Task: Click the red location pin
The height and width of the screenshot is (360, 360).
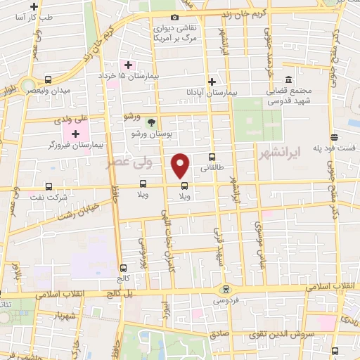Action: pos(181,165)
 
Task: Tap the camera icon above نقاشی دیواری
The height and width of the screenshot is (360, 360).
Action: pos(174,16)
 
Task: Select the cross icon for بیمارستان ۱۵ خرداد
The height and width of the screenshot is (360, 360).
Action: pos(129,65)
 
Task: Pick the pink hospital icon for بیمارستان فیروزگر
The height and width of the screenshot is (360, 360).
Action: pos(75,134)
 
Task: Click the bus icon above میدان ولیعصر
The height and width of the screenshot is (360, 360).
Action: pos(48,79)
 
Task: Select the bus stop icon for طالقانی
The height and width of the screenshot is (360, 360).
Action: pos(211,157)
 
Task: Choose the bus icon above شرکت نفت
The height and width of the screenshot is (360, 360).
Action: pos(49,186)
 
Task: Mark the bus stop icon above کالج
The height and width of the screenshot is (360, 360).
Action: pos(123,268)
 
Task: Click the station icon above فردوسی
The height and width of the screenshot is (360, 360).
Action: pos(225,288)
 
